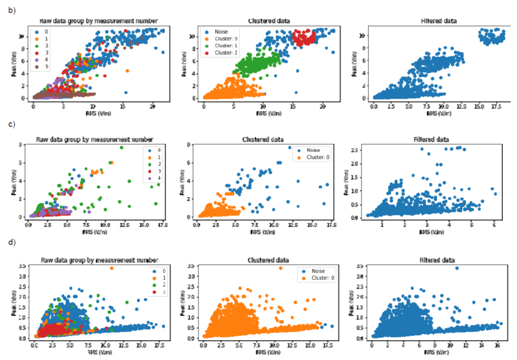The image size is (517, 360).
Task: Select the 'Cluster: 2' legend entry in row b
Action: coord(225,53)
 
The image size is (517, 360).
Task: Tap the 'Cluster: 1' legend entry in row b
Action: coord(225,46)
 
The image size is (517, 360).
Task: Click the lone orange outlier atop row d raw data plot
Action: coord(111,268)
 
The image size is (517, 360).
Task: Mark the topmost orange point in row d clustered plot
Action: coord(280,268)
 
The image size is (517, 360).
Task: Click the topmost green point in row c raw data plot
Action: coord(121,147)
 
